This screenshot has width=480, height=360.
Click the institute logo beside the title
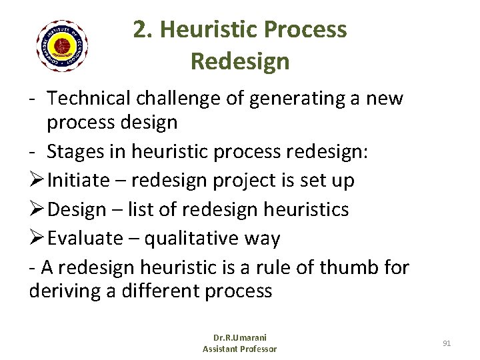pos(63,45)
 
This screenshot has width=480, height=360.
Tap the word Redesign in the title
pos(240,61)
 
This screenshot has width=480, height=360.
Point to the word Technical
pos(90,99)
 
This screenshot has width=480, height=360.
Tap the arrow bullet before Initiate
pos(38,181)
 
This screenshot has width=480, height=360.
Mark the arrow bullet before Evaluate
pos(38,239)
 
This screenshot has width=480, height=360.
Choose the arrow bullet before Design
pos(38,209)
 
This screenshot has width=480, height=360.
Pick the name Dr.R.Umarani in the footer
pos(239,339)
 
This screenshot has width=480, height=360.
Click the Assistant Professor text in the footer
pos(239,349)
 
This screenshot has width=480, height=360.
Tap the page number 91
pos(447,343)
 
